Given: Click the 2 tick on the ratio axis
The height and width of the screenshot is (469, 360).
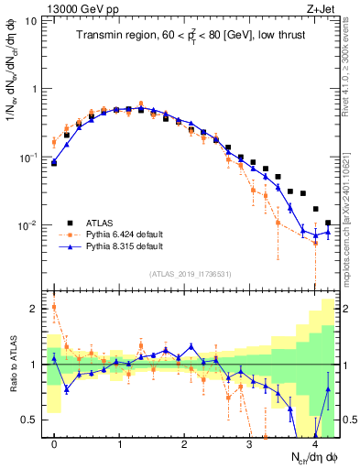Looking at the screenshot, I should pyautogui.click(x=35, y=309).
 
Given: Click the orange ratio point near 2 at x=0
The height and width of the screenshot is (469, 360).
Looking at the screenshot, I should pyautogui.click(x=55, y=307).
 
